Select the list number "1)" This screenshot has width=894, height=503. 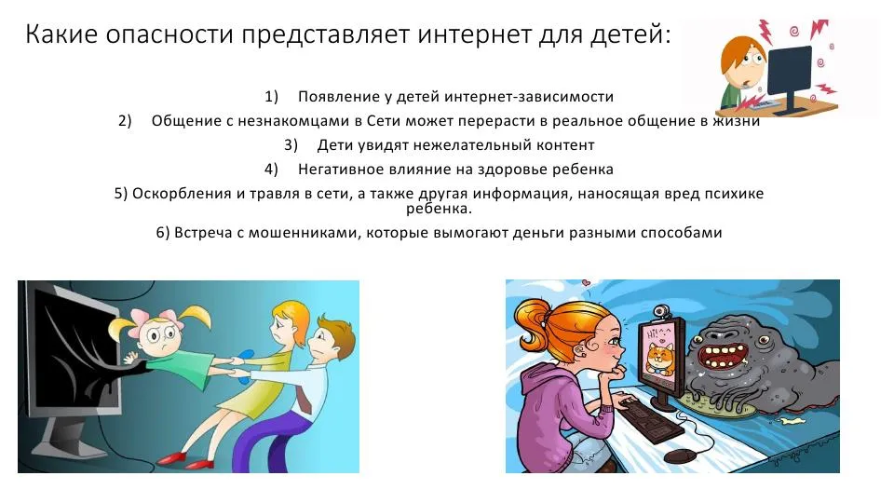271,97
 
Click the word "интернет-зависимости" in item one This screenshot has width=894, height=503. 529,96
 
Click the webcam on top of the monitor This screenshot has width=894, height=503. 661,311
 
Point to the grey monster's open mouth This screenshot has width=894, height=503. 721,361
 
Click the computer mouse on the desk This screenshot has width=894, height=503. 680,455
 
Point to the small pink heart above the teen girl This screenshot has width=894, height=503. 586,282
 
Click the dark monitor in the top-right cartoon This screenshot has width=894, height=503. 790,72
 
